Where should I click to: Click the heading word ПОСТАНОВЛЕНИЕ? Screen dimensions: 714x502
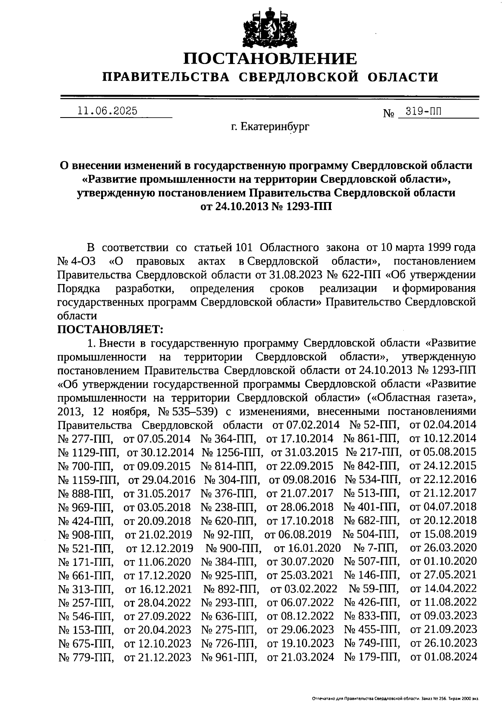(271, 59)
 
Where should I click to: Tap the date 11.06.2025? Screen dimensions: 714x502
(107, 111)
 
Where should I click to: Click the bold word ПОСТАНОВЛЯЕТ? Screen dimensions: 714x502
(110, 330)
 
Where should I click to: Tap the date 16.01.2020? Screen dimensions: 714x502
(307, 548)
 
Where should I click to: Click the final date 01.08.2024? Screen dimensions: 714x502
(443, 657)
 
